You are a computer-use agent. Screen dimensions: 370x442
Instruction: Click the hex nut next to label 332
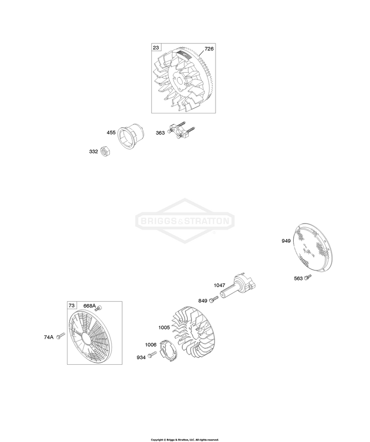(105, 151)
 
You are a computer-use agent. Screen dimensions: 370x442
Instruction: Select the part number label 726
(209, 49)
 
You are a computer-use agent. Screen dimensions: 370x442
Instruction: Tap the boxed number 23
(156, 47)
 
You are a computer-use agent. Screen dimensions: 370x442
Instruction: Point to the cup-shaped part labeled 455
(131, 136)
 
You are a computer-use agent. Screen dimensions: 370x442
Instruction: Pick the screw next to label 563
(308, 277)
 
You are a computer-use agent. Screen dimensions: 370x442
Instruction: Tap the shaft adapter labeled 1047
(238, 286)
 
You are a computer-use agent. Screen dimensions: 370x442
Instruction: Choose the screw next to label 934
(152, 355)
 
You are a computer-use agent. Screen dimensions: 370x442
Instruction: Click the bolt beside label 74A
(60, 336)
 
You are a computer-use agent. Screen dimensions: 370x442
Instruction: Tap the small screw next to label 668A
(99, 309)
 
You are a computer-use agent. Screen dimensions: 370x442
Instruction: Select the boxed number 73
(72, 305)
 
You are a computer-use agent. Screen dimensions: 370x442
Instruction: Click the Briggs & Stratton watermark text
(185, 221)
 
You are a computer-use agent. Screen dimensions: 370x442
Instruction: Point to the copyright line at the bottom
(185, 440)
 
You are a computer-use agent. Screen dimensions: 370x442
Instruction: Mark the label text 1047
(219, 285)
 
